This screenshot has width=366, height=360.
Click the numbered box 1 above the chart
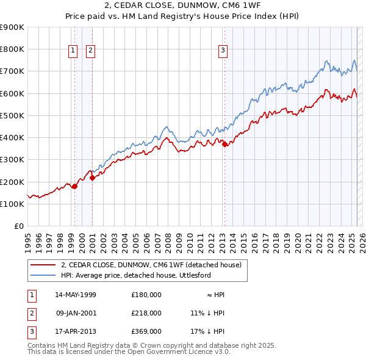tap(73, 51)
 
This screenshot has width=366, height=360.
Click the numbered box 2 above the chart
tap(90, 51)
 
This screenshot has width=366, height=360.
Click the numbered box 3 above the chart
tap(223, 51)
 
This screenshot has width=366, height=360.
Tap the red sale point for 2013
tap(224, 144)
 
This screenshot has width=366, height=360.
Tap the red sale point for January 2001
tap(92, 178)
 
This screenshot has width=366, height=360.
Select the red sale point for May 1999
tap(74, 186)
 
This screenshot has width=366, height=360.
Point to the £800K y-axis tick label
tap(12, 49)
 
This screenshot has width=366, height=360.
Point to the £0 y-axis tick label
tap(18, 226)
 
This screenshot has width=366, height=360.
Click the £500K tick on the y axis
tap(12, 115)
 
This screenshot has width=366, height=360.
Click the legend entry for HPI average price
tap(135, 275)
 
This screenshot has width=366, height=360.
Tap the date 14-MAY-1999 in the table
tap(76, 295)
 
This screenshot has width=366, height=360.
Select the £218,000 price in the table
tap(146, 313)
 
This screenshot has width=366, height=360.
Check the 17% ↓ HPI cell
tap(207, 331)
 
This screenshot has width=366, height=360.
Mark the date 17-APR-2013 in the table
tap(76, 331)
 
